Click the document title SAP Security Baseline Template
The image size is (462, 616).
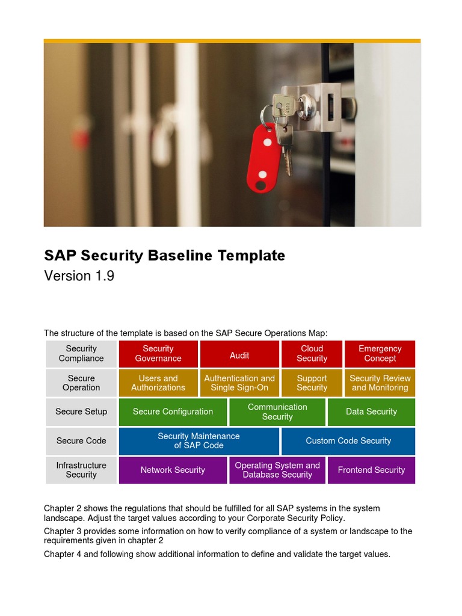click(164, 255)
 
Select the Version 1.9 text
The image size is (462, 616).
click(79, 276)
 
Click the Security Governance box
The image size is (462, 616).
click(158, 354)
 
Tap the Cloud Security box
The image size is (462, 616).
click(312, 354)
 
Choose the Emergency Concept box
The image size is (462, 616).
click(380, 354)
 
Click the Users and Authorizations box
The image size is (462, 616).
click(158, 383)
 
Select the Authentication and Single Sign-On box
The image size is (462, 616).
click(239, 383)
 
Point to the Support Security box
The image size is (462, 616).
click(312, 383)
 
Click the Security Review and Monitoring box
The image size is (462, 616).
click(380, 383)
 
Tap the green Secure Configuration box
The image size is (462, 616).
click(173, 412)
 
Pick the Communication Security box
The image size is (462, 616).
click(277, 412)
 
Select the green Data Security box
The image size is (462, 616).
click(371, 412)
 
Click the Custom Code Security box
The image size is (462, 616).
click(348, 441)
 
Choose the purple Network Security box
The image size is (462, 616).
click(173, 470)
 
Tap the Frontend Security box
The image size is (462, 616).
click(371, 470)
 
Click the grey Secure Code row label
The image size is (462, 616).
click(81, 441)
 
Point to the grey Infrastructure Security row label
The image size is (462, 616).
click(81, 470)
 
